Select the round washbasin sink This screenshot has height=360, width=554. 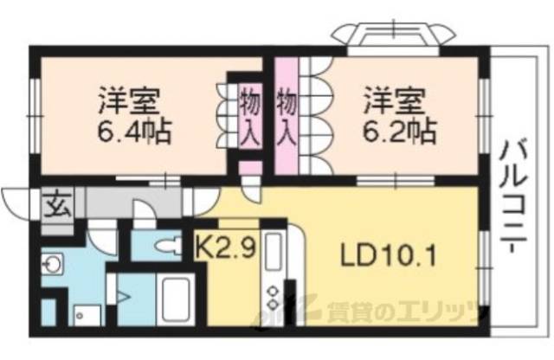tap(53, 263)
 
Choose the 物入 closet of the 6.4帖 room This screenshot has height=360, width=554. tap(248, 113)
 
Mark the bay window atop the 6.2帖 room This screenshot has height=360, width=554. tap(393, 35)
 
